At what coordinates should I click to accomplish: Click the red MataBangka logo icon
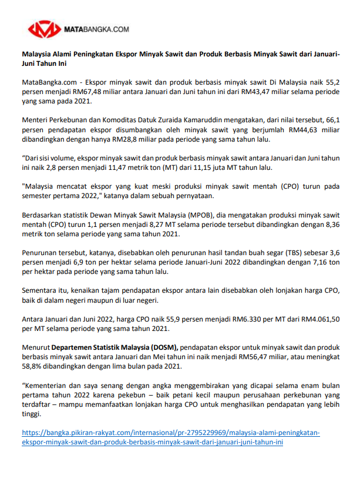(x=45, y=28)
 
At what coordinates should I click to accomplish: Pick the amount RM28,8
(x=141, y=139)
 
